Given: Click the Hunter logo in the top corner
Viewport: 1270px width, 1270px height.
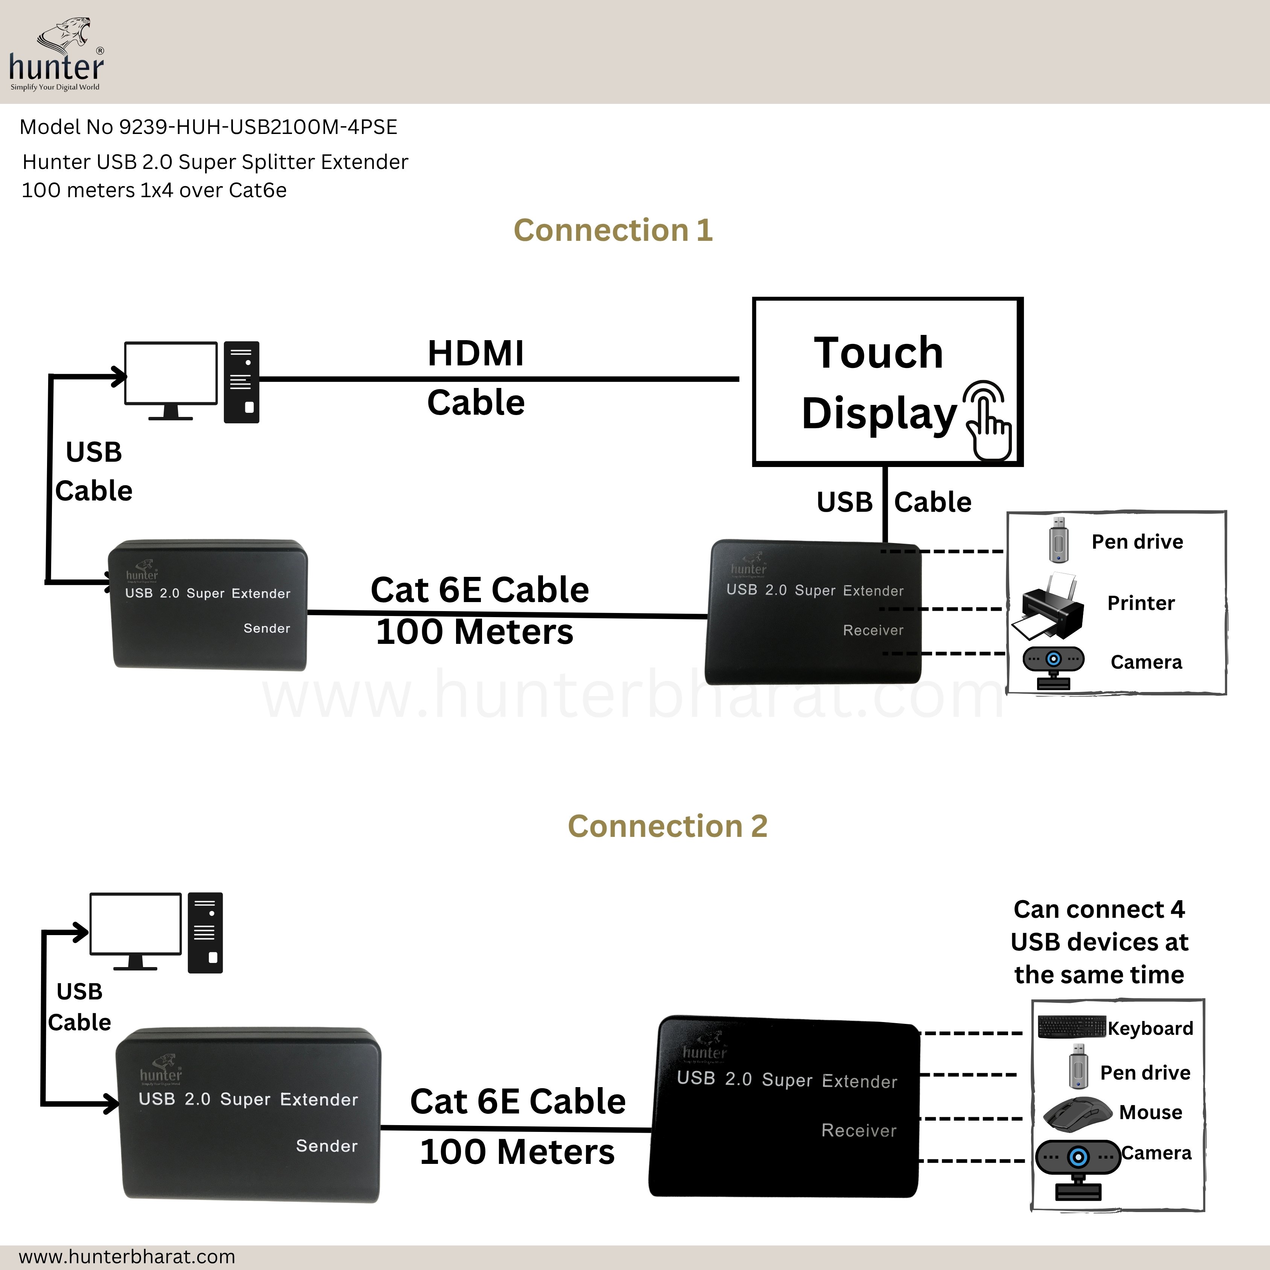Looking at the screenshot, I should [x=56, y=55].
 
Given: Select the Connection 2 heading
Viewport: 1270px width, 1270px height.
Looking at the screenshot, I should [x=667, y=826].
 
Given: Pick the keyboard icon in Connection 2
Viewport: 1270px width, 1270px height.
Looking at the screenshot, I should [x=1071, y=1027].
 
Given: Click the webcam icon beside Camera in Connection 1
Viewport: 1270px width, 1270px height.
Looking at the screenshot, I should [x=1053, y=665].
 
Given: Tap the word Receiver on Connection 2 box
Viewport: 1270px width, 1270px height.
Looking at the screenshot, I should [x=858, y=1131].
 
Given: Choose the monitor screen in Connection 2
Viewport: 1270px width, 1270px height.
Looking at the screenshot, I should [x=135, y=923].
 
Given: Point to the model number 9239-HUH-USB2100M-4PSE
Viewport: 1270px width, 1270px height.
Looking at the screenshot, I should [x=258, y=127].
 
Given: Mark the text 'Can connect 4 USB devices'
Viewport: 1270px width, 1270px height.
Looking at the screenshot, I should [x=1099, y=926].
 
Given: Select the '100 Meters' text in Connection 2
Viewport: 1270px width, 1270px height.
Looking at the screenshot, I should [x=517, y=1152].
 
